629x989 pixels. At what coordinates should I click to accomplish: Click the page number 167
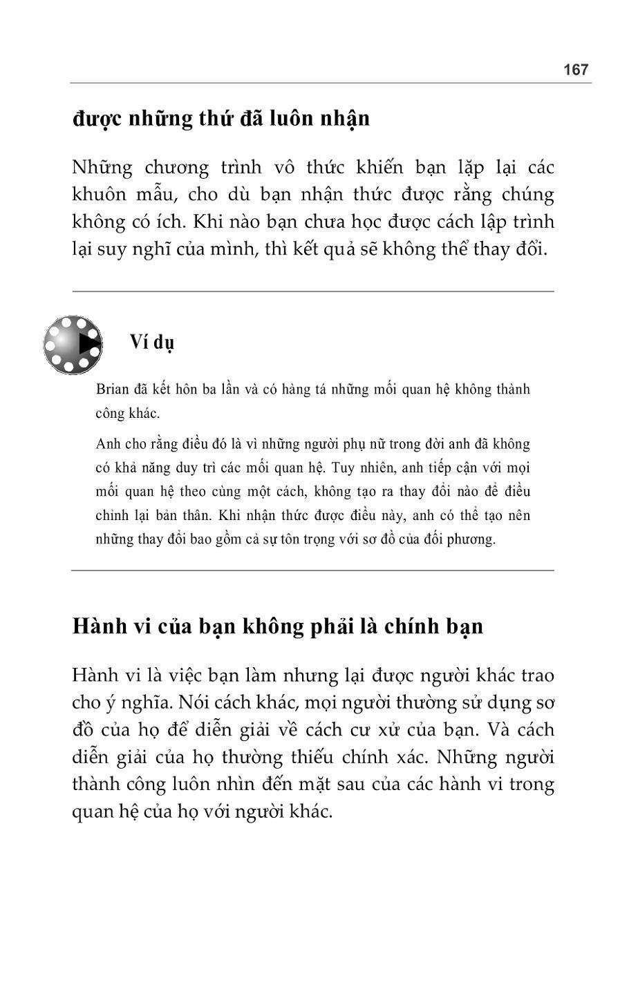point(575,70)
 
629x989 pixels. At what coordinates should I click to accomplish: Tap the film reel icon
point(73,345)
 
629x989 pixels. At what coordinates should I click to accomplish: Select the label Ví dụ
point(151,342)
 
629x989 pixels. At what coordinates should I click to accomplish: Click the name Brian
point(112,390)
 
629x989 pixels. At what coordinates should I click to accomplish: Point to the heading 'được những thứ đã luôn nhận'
point(221,119)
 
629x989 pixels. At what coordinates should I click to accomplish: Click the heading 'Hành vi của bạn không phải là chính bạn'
point(277,626)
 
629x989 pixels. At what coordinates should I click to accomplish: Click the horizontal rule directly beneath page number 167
point(330,84)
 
